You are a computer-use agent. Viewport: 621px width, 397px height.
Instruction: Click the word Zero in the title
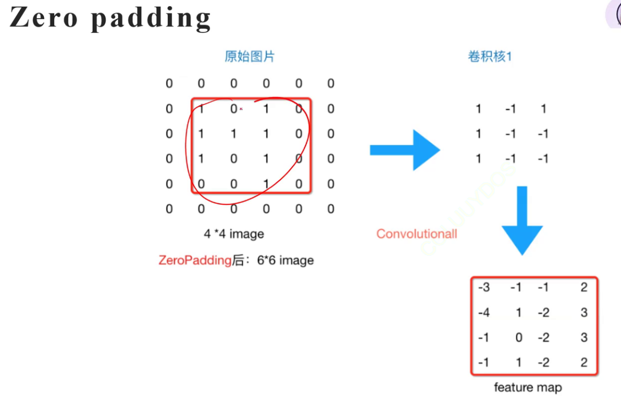tap(44, 18)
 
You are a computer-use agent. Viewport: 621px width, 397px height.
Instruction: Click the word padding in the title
tap(151, 19)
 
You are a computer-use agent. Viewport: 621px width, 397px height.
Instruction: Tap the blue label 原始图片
tap(250, 56)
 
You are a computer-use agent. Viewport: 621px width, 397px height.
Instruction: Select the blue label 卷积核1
tap(490, 56)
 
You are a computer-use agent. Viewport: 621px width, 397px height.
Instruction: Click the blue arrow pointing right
tap(405, 150)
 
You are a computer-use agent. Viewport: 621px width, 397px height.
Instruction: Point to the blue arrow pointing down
tap(522, 220)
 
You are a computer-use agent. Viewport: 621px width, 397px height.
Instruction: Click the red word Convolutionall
tap(417, 233)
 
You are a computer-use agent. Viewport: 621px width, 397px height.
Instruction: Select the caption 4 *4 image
tap(234, 233)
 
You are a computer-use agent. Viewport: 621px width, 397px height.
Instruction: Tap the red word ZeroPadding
tap(195, 260)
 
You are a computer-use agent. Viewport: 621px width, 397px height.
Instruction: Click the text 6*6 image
tap(285, 260)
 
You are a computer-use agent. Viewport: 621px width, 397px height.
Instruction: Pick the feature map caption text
tap(528, 387)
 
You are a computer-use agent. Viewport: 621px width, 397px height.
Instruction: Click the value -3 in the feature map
tap(483, 287)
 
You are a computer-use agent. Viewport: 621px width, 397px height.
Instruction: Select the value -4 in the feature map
tap(483, 312)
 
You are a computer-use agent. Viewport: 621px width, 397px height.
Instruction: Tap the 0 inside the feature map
tap(519, 337)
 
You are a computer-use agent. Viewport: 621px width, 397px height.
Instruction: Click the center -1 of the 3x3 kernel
tap(510, 134)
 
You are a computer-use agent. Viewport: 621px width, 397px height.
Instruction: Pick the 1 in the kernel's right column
tap(544, 108)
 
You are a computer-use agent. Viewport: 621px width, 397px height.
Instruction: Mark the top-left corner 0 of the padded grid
tap(169, 83)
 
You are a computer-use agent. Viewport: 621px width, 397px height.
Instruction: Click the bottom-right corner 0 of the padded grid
tap(331, 208)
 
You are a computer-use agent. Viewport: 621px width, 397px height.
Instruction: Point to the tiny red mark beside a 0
tap(241, 109)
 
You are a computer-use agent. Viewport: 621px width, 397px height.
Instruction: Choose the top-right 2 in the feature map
tap(584, 287)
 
